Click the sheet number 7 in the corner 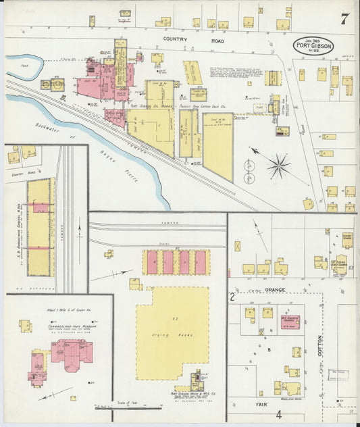point(344,18)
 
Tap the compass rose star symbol point(278,164)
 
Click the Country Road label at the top point(179,39)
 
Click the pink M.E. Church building point(290,320)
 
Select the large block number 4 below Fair point(278,413)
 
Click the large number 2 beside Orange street point(232,296)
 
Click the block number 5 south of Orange point(268,349)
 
